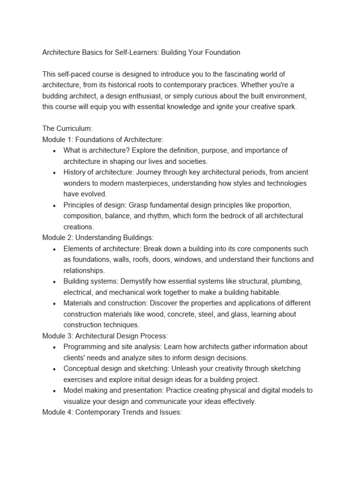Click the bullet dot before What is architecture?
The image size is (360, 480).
coord(55,150)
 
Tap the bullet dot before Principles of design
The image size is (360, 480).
coord(55,205)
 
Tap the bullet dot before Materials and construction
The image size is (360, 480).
coord(55,303)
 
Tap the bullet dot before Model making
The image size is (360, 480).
coord(55,390)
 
